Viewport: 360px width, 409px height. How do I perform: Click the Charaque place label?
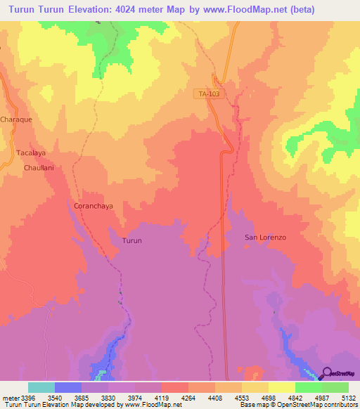16,119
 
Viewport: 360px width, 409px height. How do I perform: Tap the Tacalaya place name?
30,152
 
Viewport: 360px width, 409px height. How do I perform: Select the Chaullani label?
39,168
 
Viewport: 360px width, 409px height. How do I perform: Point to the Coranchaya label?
93,206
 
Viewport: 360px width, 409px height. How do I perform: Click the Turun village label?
132,240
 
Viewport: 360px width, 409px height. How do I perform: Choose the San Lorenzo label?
265,238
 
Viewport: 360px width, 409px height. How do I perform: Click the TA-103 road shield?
210,93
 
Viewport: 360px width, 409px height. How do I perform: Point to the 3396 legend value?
28,398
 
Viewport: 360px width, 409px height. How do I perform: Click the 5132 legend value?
348,398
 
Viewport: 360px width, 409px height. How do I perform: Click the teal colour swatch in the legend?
41,387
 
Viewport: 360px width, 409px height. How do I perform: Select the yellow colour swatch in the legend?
282,387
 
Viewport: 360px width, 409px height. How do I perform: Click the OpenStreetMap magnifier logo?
327,373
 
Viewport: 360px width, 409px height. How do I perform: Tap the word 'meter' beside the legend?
10,398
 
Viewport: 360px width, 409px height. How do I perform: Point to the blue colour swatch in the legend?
68,387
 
